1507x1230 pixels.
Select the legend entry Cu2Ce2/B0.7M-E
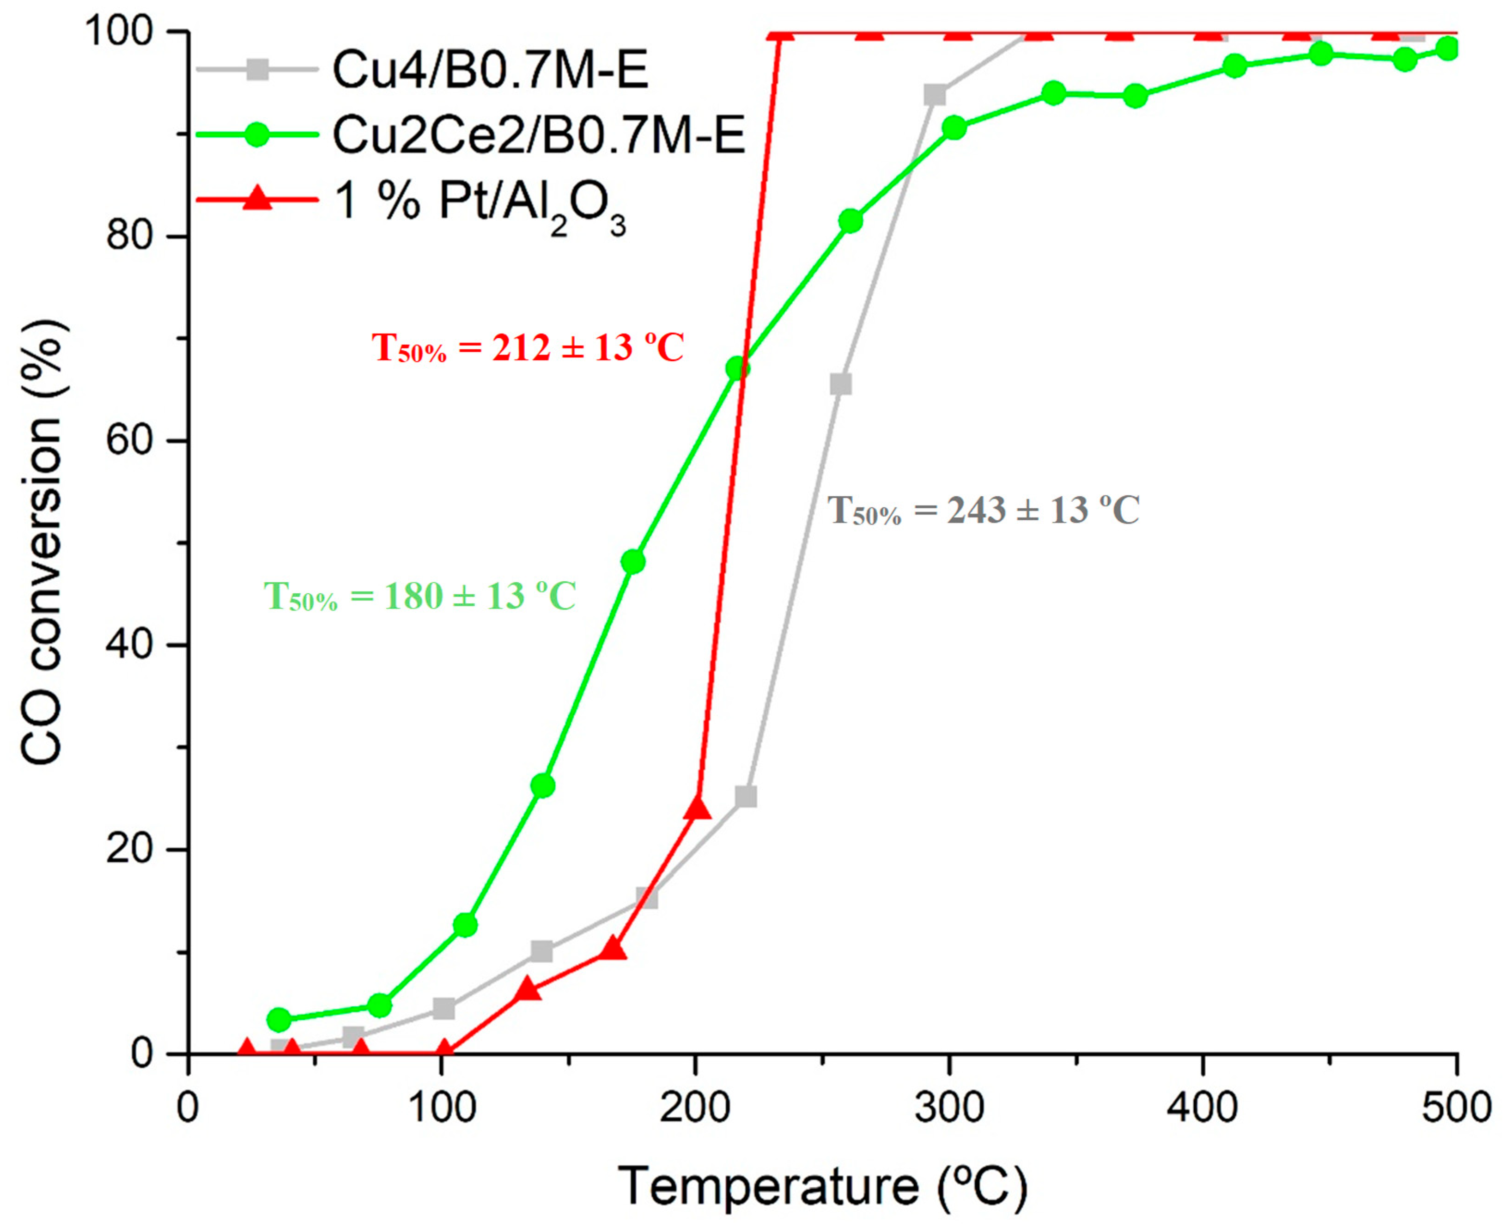click(539, 134)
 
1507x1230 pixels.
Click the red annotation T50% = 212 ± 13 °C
click(528, 348)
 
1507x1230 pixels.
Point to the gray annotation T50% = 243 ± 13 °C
click(984, 510)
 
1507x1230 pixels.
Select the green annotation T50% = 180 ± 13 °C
click(420, 596)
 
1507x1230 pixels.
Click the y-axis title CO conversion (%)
click(43, 542)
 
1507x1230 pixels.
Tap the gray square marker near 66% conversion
click(840, 384)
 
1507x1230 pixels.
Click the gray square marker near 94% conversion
click(935, 95)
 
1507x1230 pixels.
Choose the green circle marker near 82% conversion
click(850, 221)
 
